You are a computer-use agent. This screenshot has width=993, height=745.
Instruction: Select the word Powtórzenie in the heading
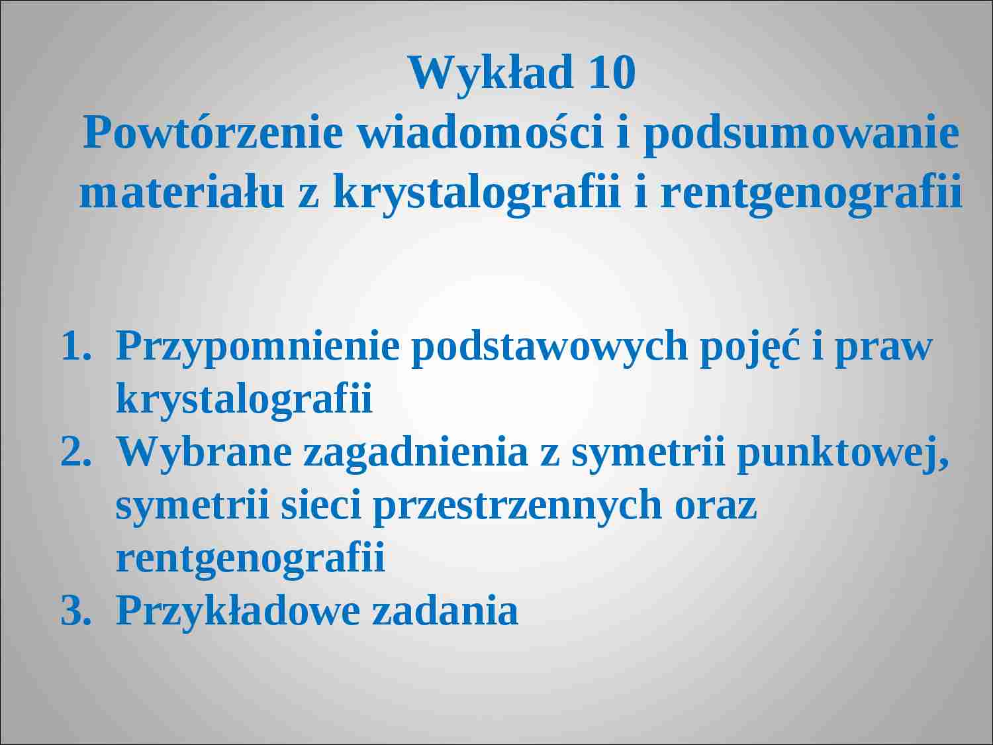pos(213,133)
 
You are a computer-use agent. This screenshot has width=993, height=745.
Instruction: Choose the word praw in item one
pos(883,347)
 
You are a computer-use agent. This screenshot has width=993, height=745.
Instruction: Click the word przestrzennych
pos(517,505)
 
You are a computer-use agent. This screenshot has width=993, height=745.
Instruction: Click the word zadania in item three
pos(445,611)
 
